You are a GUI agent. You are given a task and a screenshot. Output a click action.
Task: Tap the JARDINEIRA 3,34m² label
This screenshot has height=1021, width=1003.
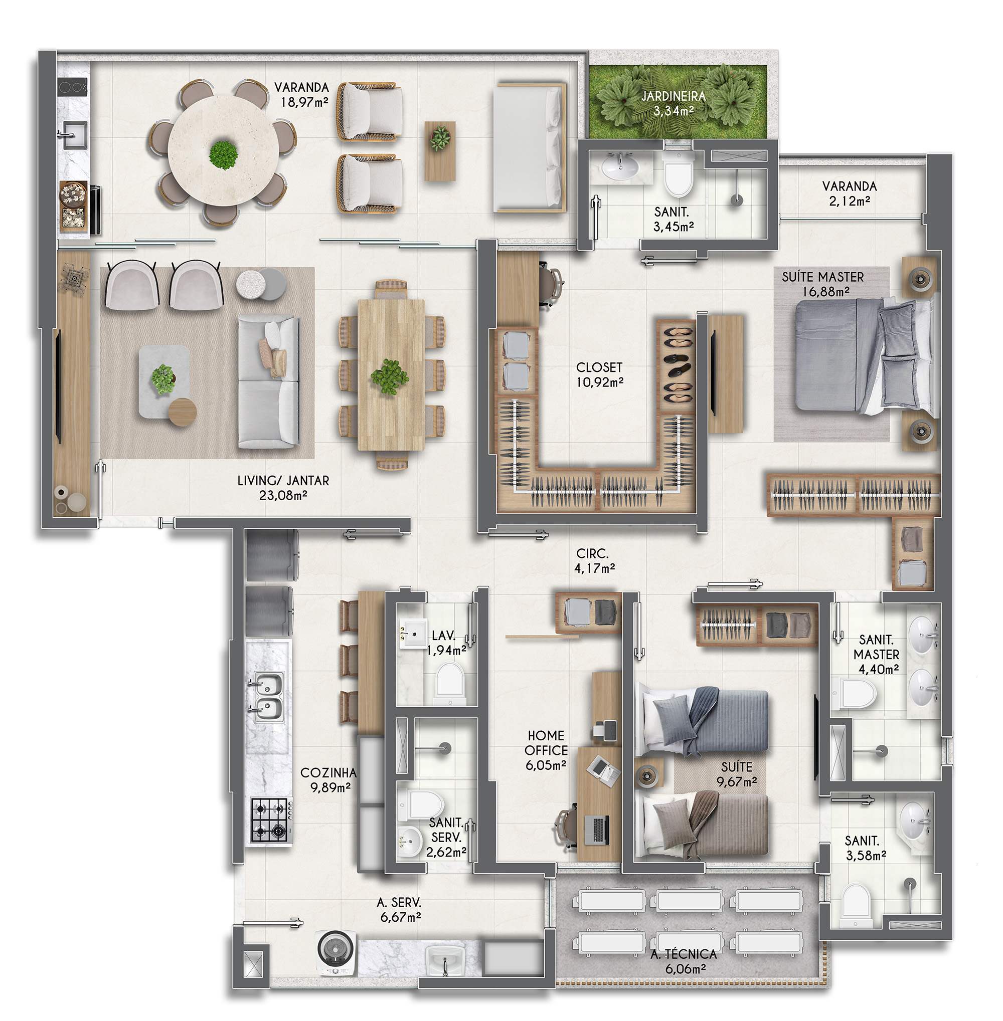point(673,103)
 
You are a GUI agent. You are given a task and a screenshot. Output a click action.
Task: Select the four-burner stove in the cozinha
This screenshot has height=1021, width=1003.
point(271,820)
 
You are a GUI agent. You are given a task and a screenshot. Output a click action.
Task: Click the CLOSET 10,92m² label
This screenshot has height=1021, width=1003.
point(599,374)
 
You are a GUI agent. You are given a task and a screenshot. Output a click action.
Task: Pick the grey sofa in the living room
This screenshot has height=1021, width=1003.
point(269,382)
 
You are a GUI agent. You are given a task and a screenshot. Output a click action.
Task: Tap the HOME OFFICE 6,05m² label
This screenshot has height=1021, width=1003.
point(546,750)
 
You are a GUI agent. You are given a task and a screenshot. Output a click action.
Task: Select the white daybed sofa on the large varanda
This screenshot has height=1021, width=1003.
point(530,148)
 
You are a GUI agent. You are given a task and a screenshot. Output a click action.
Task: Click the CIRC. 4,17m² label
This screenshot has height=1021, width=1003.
point(594,560)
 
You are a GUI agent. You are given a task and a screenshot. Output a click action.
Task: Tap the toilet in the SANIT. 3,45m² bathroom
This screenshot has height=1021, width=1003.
point(679,172)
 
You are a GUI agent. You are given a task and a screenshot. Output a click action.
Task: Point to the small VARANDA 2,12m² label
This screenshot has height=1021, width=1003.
point(849,193)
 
